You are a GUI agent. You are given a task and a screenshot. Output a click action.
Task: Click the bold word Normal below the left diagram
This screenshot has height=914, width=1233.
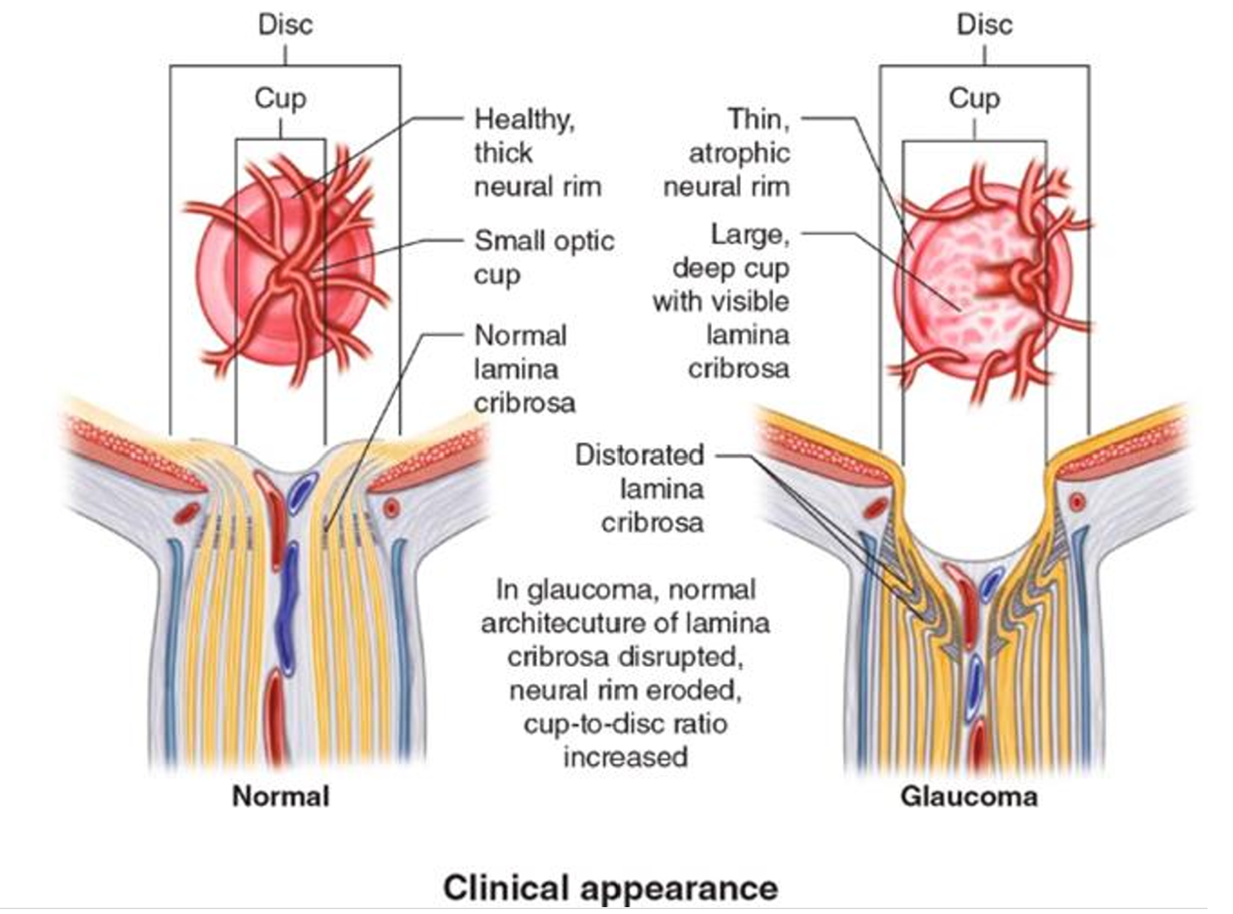(280, 796)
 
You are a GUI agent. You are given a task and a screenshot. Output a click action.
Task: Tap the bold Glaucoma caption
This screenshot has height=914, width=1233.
(968, 796)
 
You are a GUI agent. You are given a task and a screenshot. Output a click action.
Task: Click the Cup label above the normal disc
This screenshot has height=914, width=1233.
(280, 98)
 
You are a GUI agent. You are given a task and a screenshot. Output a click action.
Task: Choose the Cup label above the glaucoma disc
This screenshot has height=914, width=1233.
(975, 98)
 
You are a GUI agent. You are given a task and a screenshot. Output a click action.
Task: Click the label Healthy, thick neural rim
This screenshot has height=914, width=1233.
(536, 153)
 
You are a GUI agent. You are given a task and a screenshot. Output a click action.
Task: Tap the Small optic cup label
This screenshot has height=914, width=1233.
(543, 257)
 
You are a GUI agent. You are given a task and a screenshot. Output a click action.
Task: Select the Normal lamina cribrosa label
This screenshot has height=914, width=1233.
(524, 369)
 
